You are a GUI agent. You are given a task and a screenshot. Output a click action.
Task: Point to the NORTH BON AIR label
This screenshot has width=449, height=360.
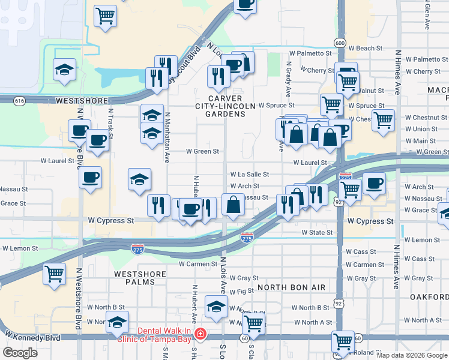tap(292, 287)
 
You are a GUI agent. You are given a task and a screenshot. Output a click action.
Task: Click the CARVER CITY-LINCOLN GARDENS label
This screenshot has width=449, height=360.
tap(225, 106)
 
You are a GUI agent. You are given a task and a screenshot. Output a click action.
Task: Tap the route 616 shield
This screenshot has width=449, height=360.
tap(20, 101)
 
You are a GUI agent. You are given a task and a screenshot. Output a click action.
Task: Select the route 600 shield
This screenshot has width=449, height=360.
tap(340, 43)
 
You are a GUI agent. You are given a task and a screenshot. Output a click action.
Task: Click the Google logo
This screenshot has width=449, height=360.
tap(20, 353)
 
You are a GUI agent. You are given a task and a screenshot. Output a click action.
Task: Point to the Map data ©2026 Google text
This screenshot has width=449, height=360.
tap(412, 355)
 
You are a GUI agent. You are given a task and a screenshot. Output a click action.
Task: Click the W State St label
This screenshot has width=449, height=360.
tap(317, 232)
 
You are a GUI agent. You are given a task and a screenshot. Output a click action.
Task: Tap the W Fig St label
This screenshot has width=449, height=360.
tap(242, 292)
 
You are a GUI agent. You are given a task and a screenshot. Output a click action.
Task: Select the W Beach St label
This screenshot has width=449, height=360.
tap(366, 48)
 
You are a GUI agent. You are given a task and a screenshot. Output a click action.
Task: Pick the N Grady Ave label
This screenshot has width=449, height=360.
tap(289, 72)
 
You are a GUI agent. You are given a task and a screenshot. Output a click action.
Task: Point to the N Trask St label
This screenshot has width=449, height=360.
tap(110, 120)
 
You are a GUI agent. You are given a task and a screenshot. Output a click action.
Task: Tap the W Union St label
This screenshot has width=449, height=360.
tap(421, 129)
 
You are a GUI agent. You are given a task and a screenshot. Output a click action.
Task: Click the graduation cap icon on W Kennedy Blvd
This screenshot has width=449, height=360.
tap(118, 322)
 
